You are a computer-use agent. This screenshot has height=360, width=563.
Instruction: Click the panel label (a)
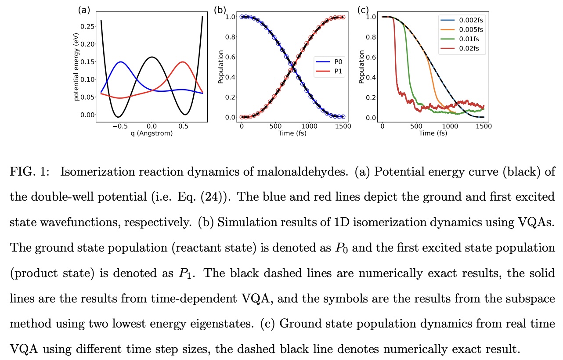(x=84, y=10)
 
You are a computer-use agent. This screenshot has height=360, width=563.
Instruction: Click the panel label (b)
(x=219, y=10)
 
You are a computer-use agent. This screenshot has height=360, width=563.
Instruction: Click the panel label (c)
(x=363, y=10)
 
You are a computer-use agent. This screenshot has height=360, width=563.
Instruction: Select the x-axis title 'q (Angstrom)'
(x=151, y=133)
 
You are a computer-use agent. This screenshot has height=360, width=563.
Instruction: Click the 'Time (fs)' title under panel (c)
(x=432, y=133)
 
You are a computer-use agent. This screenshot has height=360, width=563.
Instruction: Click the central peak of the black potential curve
(x=151, y=57)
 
